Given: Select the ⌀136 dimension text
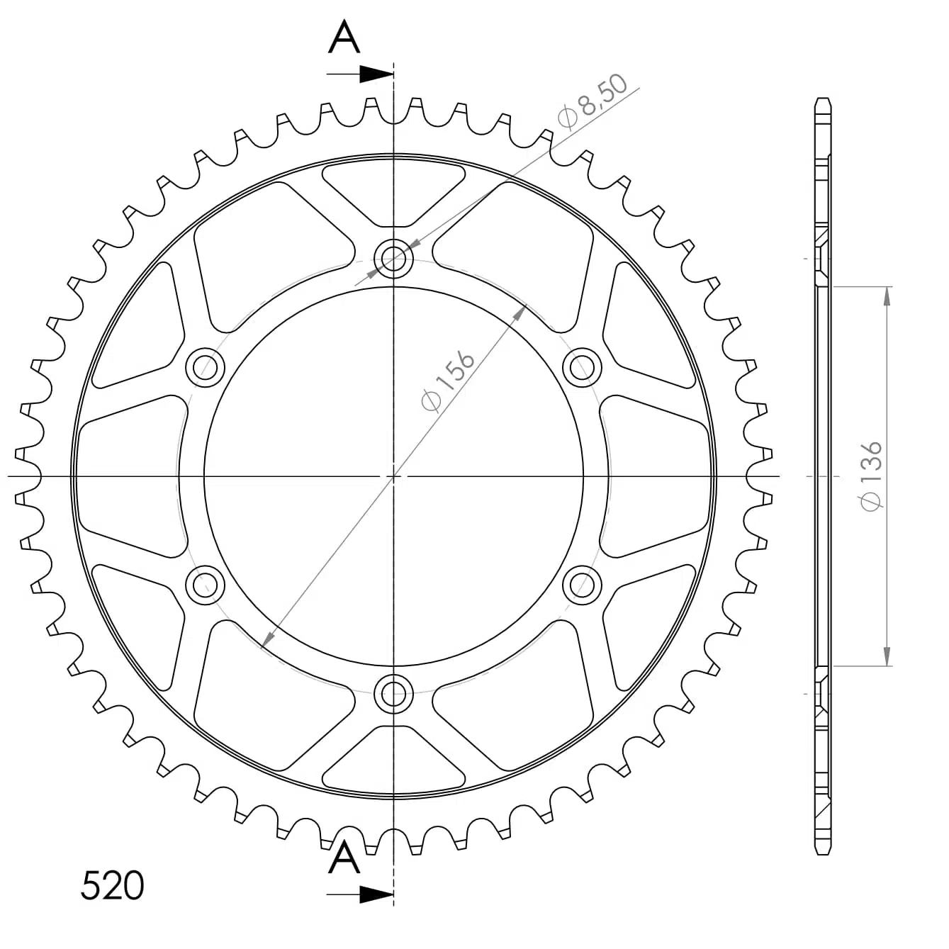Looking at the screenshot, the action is point(870,476).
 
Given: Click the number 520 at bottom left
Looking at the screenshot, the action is point(112,885).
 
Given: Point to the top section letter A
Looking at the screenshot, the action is point(344,36).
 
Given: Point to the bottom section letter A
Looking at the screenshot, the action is point(344,857).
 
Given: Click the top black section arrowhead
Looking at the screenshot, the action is point(377,74).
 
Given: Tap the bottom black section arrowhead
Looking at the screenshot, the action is point(377,894).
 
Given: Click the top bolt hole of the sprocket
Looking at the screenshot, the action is point(393,258).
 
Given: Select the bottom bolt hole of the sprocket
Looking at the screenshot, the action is point(393,694).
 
